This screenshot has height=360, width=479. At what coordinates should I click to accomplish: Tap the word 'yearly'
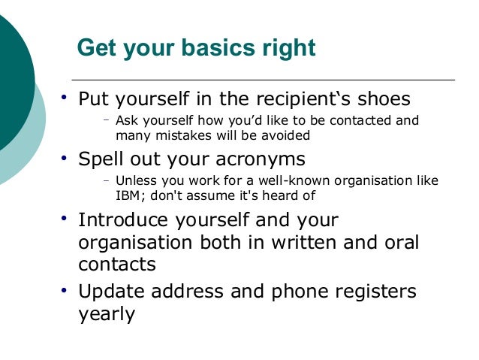tap(107, 314)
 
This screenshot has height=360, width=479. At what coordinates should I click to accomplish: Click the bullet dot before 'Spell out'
tap(64, 158)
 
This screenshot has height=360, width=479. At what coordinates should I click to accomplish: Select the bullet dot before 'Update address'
tap(64, 290)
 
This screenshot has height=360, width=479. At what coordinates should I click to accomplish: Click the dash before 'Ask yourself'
tap(107, 119)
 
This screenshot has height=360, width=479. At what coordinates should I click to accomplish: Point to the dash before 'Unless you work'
tap(107, 180)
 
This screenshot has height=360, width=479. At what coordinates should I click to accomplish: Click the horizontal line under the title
tap(263, 80)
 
